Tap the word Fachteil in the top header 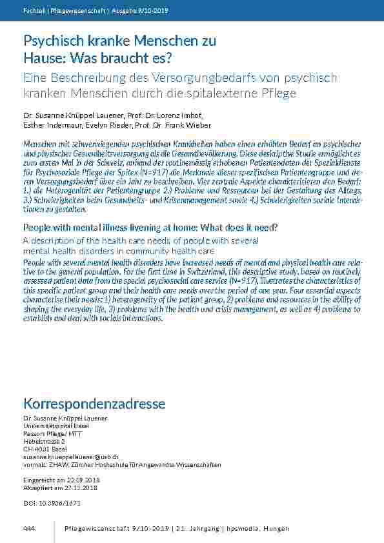pos(34,10)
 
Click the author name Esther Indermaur pos(48,125)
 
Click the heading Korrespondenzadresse pos(94,404)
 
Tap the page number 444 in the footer pos(28,529)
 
